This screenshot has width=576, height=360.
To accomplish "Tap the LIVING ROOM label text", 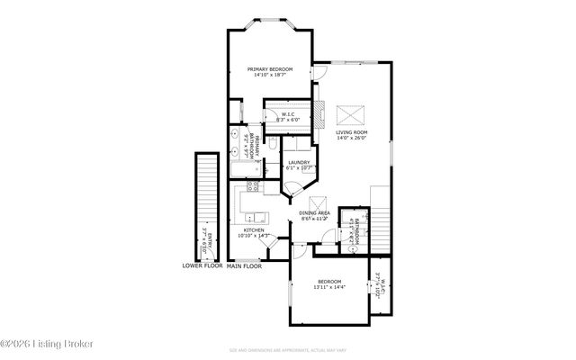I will point(352,132).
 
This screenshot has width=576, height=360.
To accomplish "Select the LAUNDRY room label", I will point(299,162).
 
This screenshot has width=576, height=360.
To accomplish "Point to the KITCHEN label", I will point(254,230).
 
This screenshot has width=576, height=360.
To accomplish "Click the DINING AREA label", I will point(314,212).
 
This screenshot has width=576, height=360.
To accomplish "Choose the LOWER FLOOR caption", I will point(202,266).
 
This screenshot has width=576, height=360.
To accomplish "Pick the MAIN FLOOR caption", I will point(244,266).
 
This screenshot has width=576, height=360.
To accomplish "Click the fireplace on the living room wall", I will point(318,109).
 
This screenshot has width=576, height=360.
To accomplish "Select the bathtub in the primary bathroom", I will point(242,169).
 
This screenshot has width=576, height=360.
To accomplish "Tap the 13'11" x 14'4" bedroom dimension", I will point(328,287).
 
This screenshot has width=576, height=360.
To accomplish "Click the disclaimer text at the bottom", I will point(287,348).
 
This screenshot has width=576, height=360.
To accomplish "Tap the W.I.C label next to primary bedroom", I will point(288,115).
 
